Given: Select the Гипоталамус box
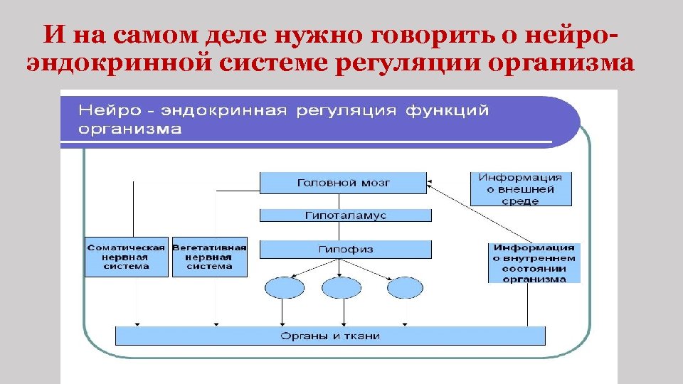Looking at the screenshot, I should [345, 215].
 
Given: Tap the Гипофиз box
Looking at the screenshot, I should [345, 250].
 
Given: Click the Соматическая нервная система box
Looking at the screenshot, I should [126, 257].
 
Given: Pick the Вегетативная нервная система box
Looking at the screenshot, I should [209, 257].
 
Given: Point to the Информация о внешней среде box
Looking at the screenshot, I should [521, 189].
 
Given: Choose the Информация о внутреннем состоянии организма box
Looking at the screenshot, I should [534, 263].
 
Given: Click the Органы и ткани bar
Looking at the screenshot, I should [330, 336].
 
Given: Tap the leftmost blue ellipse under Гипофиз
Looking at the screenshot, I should [284, 288].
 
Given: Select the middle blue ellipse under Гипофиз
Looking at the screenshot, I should [342, 288].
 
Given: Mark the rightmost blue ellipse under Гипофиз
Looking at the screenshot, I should [405, 288].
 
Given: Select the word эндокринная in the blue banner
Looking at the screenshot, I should [223, 111].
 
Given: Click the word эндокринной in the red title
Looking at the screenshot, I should [118, 64].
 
